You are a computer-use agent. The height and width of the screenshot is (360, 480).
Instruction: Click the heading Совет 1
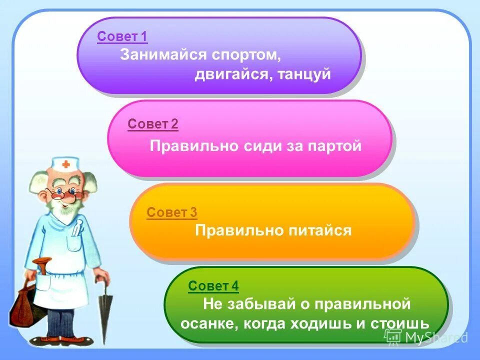click(122, 37)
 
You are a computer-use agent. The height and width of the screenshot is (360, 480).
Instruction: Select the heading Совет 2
click(152, 124)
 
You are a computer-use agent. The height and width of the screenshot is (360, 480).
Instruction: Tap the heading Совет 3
click(171, 212)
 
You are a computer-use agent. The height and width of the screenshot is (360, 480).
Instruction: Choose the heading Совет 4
click(213, 286)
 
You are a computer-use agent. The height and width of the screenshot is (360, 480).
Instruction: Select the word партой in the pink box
click(335, 146)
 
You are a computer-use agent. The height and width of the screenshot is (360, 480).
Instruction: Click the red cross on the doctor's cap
click(66, 164)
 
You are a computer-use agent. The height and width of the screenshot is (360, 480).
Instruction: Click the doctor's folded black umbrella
click(105, 310)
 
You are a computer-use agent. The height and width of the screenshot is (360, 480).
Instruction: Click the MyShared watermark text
click(435, 337)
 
